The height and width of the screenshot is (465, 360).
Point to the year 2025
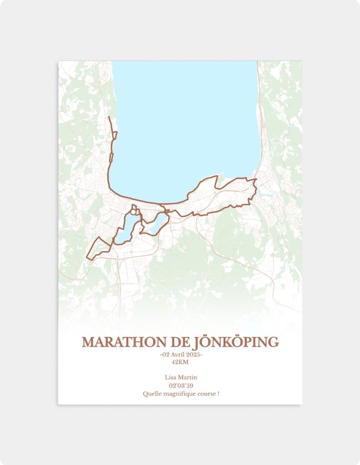click(x=193, y=355)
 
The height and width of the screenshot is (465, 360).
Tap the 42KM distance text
click(x=180, y=362)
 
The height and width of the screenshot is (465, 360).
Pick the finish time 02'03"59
click(x=180, y=386)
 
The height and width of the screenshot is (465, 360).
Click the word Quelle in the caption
click(x=151, y=394)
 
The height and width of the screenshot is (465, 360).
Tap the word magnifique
click(x=179, y=394)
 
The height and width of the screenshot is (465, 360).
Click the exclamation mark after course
click(x=218, y=394)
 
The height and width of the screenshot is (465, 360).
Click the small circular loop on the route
click(x=134, y=212)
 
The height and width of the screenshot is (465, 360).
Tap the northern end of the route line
click(x=109, y=117)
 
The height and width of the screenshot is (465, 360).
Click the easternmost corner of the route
click(x=257, y=179)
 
